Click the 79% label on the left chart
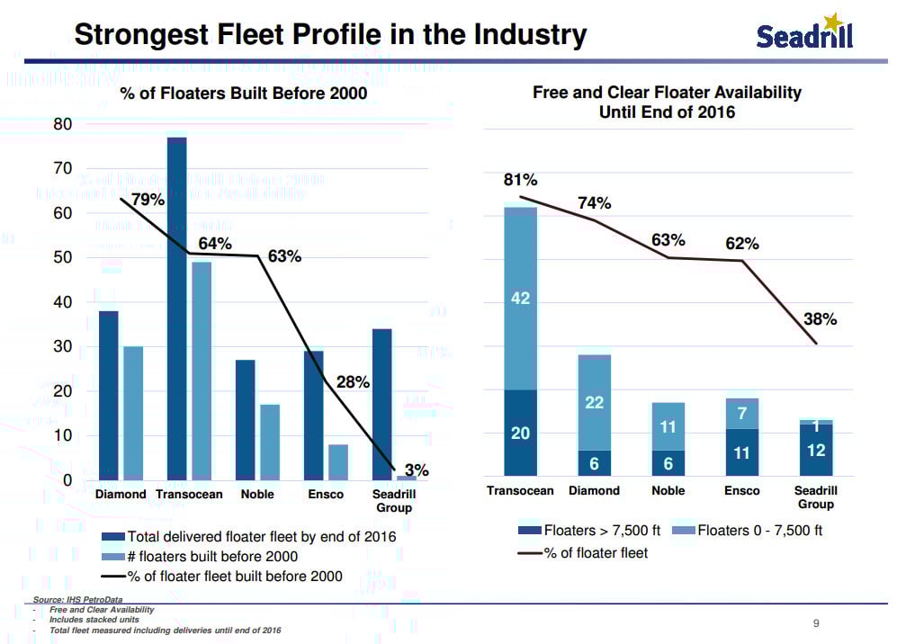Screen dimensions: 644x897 (x=148, y=200)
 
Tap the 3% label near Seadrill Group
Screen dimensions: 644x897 (x=417, y=470)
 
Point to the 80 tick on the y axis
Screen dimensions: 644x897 (x=61, y=124)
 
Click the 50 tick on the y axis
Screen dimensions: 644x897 (x=61, y=257)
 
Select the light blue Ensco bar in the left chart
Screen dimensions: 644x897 (x=338, y=461)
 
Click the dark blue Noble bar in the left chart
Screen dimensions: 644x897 (x=245, y=419)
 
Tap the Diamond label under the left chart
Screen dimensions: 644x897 (x=121, y=495)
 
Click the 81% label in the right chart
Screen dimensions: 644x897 (x=520, y=180)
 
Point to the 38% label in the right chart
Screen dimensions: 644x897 (x=820, y=319)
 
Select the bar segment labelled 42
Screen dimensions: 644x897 (x=520, y=299)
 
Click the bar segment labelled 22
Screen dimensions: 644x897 (x=594, y=402)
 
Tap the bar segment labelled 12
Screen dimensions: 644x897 (x=816, y=450)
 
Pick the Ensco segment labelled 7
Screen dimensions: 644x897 (x=742, y=413)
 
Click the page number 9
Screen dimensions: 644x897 (x=816, y=622)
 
